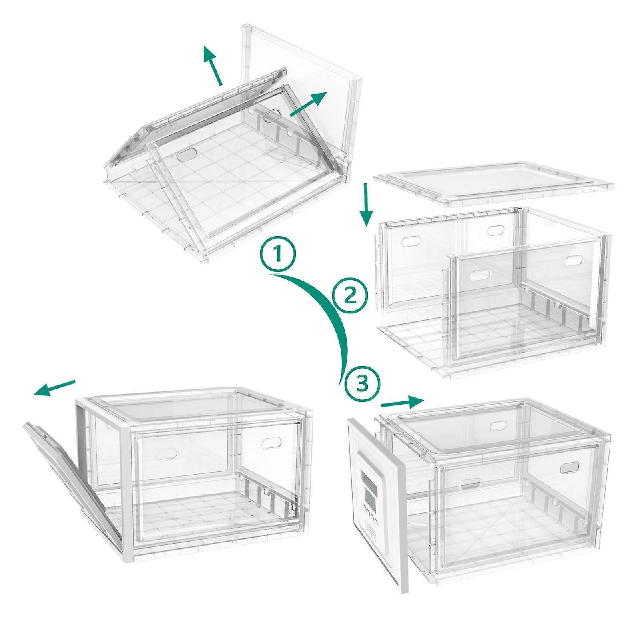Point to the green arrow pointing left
[54, 388]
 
